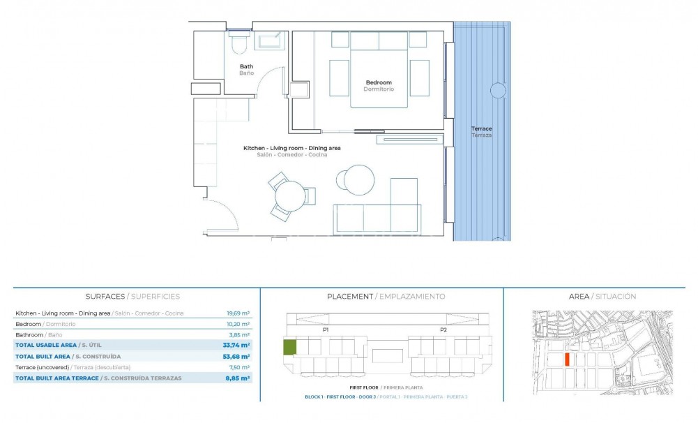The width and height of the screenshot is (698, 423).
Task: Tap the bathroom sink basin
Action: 270,41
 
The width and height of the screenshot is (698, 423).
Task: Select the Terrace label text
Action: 481,128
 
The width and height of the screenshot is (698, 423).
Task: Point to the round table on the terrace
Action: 498,90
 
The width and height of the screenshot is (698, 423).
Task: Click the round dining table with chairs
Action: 289,196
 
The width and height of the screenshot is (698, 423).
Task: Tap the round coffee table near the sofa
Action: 358,179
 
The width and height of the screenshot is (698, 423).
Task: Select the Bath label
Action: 246,67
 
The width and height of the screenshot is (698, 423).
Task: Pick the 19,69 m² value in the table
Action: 238,313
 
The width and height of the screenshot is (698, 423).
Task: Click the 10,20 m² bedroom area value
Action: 238,324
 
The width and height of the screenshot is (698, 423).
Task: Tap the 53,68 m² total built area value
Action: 238,356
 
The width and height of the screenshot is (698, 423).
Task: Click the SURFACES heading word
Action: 105,297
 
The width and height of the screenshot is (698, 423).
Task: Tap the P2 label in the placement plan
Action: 443,329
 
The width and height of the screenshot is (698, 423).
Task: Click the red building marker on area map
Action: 567,359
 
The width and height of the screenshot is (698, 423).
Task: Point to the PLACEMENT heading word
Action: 349,297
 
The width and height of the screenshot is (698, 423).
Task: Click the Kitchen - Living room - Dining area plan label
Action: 291,148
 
